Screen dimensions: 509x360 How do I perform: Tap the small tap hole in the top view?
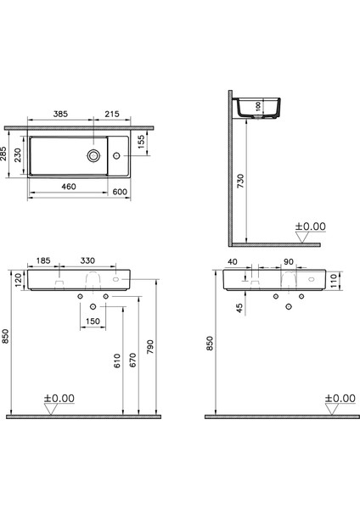118,155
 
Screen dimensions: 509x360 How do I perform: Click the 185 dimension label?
43,263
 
